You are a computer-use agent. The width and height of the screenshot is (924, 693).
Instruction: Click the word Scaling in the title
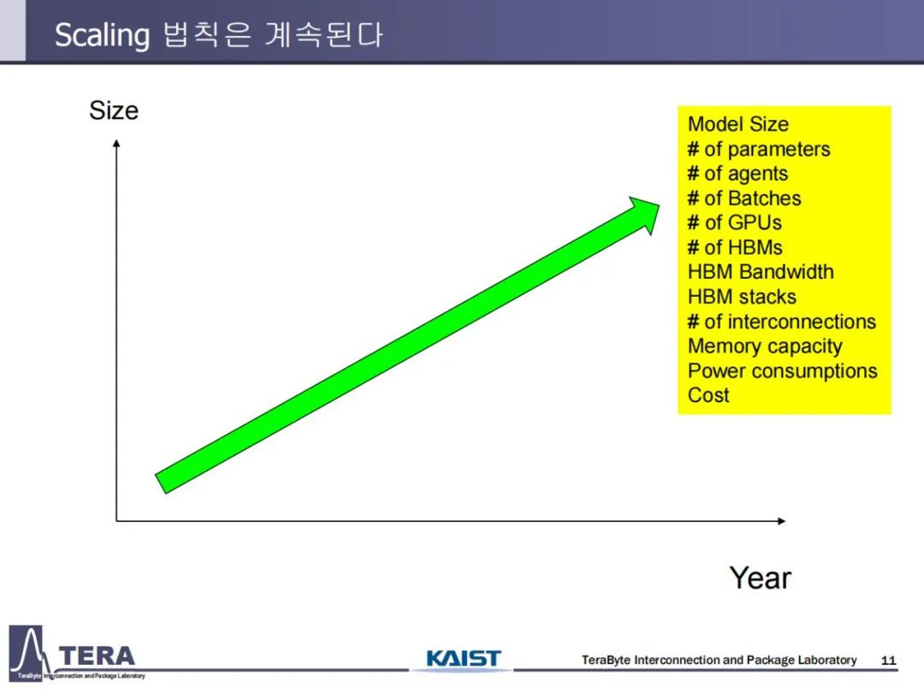102,35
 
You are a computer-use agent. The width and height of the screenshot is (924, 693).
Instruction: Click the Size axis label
114,110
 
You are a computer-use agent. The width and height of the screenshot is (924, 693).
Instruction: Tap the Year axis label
761,577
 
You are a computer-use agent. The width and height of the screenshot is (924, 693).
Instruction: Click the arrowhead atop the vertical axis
116,143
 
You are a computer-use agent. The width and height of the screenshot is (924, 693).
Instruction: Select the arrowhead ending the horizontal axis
781,521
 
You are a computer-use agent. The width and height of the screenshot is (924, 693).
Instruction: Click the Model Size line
737,124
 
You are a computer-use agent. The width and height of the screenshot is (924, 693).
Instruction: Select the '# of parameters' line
758,150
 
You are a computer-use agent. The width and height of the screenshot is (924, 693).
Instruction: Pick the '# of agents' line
737,175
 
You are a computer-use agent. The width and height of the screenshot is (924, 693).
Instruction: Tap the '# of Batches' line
743,198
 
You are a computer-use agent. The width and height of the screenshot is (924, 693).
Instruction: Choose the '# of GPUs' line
734,222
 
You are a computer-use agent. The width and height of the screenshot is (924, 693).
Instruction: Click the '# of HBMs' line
735,247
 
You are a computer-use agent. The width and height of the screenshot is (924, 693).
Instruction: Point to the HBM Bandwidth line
761,272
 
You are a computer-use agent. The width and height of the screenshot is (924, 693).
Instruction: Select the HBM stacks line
741,296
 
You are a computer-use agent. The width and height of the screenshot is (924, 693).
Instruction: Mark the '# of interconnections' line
781,322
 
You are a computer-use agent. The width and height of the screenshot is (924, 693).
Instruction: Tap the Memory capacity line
765,346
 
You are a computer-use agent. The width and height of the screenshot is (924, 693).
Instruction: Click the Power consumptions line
782,371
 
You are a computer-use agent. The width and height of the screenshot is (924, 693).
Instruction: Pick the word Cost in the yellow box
708,394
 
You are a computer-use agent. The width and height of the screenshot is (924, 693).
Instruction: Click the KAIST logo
463,658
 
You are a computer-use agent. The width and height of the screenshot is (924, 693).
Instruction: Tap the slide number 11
888,660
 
